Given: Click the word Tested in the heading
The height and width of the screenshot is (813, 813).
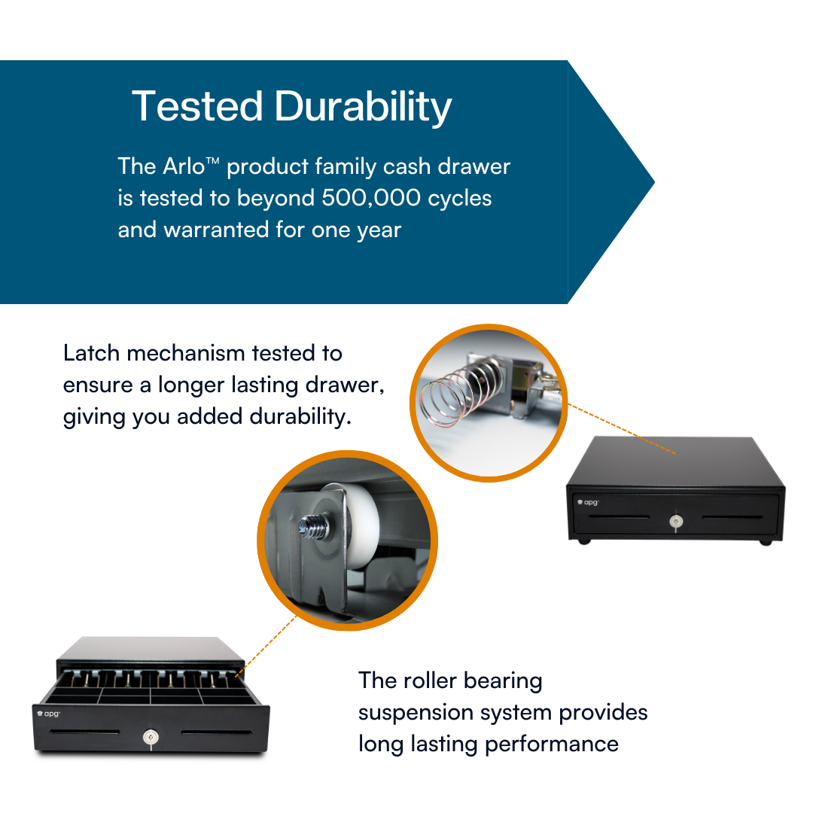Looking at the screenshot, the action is [x=197, y=106].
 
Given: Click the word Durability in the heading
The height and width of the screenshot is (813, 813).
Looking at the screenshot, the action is [x=363, y=108].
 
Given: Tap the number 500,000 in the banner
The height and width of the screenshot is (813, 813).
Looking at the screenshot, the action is [x=370, y=198].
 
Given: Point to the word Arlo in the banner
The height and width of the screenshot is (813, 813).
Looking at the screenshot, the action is [x=184, y=166].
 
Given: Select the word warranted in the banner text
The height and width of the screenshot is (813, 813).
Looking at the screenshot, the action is [x=216, y=230].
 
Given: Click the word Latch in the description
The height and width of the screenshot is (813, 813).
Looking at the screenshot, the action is [x=91, y=353].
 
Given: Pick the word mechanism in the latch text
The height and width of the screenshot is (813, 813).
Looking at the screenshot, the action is [x=186, y=353].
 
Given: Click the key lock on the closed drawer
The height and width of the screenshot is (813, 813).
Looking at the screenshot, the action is [x=676, y=521].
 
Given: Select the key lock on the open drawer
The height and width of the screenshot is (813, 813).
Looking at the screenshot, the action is [x=151, y=737].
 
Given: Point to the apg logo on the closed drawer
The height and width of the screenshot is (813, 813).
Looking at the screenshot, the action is [x=588, y=502].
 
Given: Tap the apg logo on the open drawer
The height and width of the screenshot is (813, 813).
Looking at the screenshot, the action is [x=49, y=714].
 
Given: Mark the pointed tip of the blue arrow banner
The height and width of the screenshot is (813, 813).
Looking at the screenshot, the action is [x=654, y=182].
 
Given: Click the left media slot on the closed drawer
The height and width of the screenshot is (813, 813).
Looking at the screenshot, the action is [x=619, y=517].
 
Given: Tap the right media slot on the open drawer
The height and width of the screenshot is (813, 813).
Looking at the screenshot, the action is [x=216, y=732].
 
